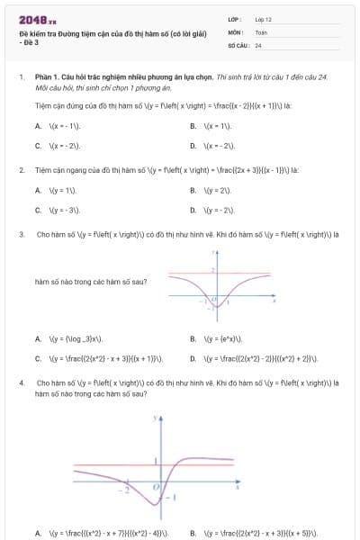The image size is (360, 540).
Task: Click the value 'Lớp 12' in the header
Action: point(264,18)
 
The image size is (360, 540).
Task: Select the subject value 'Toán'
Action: point(261,31)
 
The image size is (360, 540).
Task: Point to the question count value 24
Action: point(258,44)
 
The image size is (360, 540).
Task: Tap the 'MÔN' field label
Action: point(235,31)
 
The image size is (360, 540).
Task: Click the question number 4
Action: point(21,382)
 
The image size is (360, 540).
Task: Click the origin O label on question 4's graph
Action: point(154,487)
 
